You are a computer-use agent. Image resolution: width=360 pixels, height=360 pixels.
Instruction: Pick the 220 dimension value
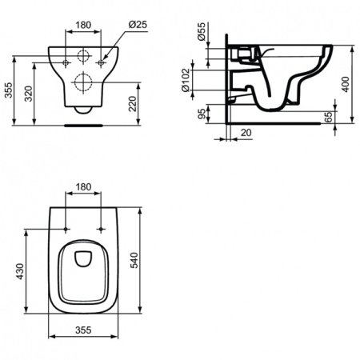(x=141, y=101)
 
